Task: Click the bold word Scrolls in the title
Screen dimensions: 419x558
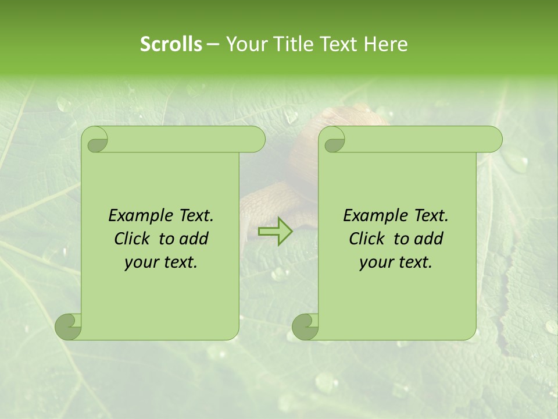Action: tap(171, 44)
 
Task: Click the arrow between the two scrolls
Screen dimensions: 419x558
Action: tap(275, 232)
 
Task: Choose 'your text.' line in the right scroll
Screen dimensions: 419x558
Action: tap(396, 262)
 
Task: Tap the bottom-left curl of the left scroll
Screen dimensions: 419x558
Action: tap(69, 326)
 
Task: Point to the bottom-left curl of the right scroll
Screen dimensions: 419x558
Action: tap(305, 326)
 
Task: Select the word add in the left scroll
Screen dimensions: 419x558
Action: tap(194, 239)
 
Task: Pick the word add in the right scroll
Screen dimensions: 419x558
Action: tap(429, 239)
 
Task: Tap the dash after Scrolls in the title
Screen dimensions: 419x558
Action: tap(213, 44)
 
